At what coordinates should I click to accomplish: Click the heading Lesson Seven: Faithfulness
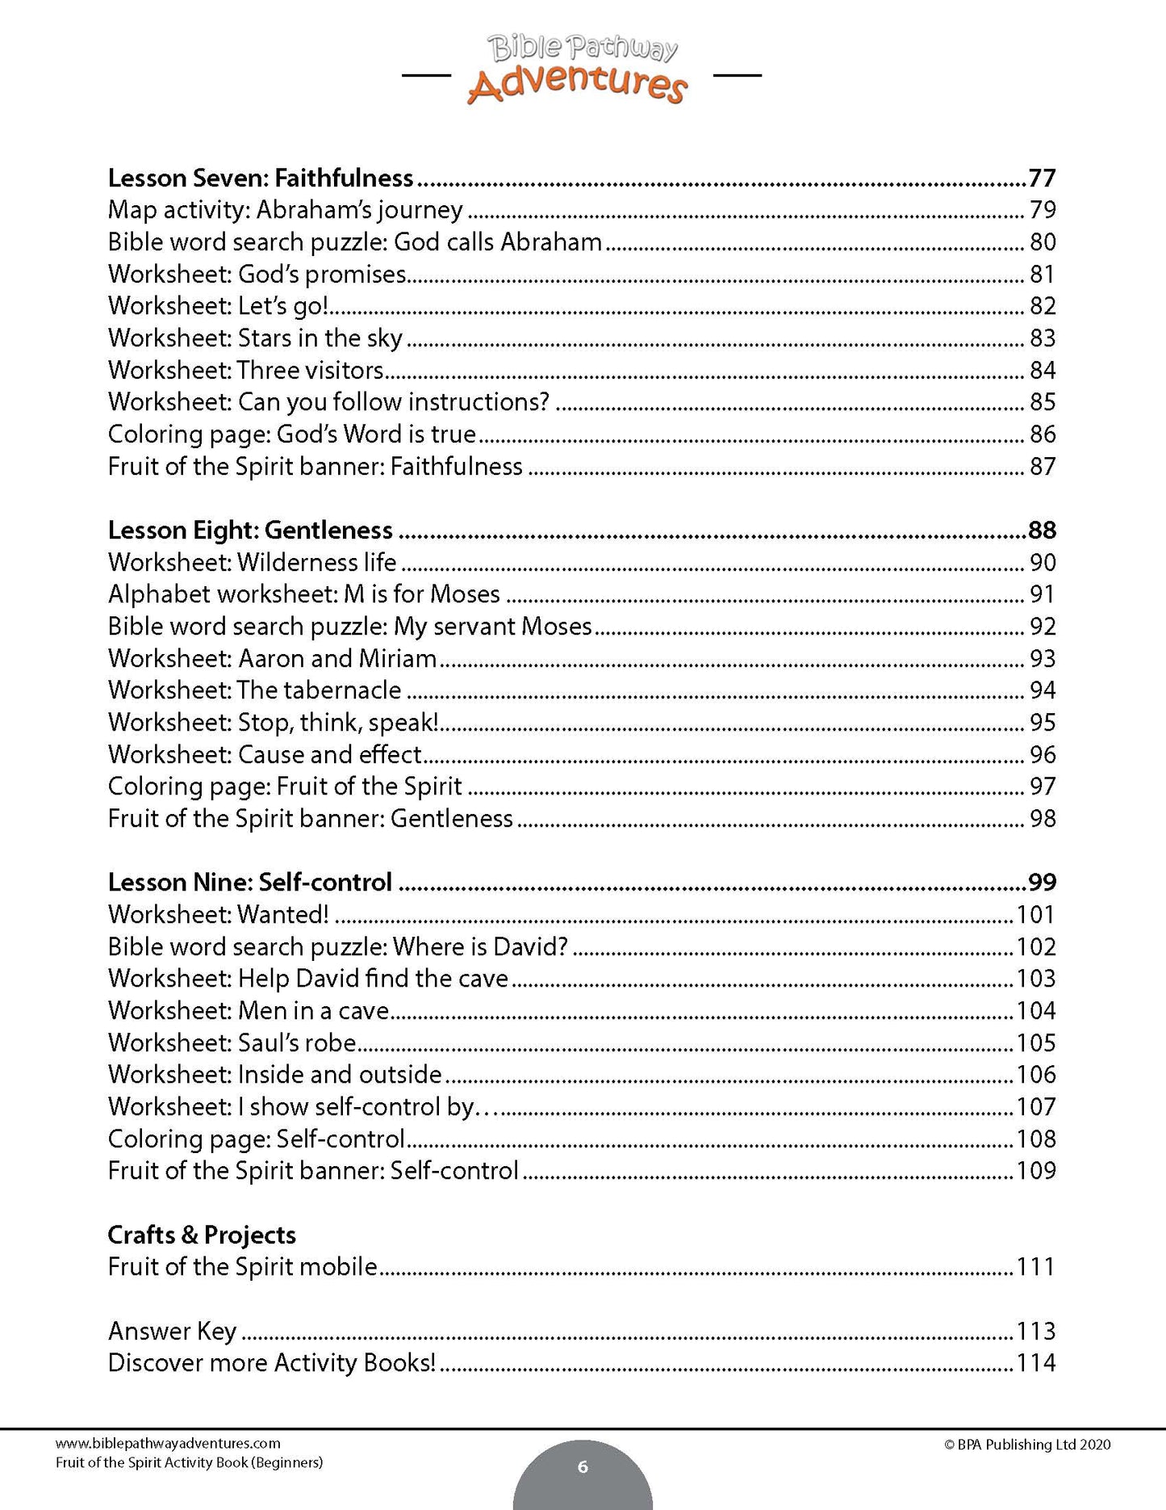[x=261, y=178]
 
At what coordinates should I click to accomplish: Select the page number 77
[x=1042, y=178]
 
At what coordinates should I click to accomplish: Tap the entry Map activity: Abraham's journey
[x=286, y=210]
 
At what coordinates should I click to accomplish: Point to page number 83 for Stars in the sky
[x=1043, y=338]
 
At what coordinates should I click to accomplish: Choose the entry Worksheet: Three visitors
[x=246, y=370]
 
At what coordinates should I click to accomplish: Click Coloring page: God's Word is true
[x=292, y=434]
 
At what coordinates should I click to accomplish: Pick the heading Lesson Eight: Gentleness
[x=250, y=530]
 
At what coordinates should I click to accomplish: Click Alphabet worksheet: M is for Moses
[x=304, y=594]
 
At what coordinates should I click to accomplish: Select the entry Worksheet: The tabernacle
[x=254, y=690]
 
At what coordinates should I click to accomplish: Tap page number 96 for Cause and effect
[x=1043, y=754]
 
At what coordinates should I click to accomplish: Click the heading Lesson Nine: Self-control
[x=250, y=882]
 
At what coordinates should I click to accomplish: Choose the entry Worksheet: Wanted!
[x=219, y=914]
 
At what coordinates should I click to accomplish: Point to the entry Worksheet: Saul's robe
[x=232, y=1042]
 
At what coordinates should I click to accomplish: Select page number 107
[x=1036, y=1106]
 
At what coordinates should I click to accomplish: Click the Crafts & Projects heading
[x=202, y=1235]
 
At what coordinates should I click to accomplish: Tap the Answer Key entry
[x=172, y=1331]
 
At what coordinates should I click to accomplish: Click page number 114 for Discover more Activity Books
[x=1036, y=1363]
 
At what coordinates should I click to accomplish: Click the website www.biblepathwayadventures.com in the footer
[x=168, y=1443]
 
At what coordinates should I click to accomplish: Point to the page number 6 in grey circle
[x=583, y=1466]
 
